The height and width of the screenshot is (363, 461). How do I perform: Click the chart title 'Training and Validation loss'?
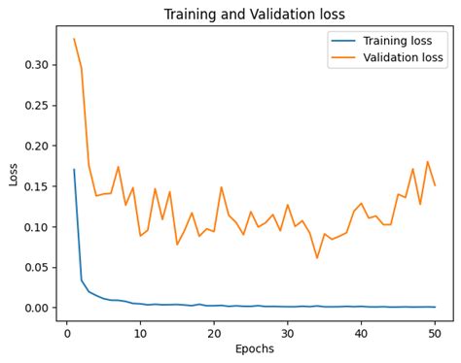click(x=254, y=15)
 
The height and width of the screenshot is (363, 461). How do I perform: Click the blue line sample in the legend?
click(x=342, y=41)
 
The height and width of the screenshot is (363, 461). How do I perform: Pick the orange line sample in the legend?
click(x=342, y=57)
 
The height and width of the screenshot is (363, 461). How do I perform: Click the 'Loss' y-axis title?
click(x=13, y=174)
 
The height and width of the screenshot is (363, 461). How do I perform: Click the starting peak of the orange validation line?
click(x=74, y=40)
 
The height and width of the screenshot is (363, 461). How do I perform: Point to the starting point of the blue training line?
click(x=74, y=170)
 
